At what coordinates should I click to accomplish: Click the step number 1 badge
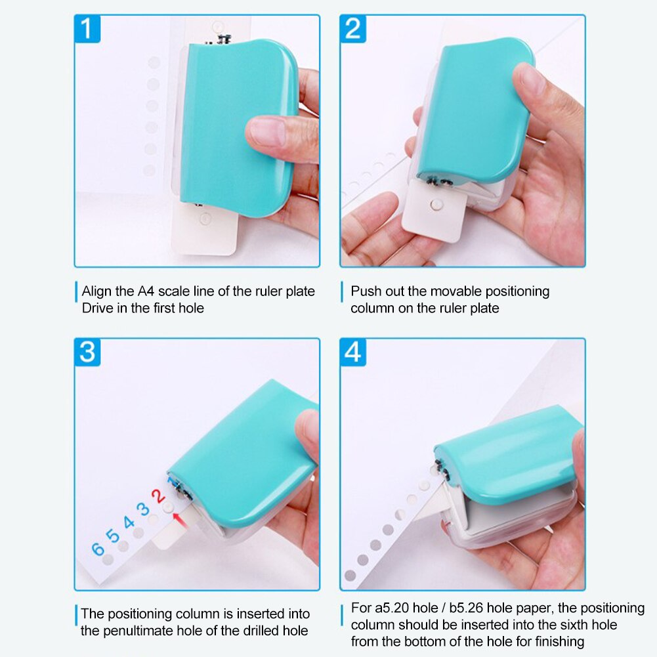point(87,30)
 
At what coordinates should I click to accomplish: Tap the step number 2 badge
point(353,30)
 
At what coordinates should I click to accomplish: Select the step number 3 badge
point(87,352)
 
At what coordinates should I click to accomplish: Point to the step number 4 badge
point(353,352)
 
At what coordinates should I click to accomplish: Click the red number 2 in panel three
point(158,496)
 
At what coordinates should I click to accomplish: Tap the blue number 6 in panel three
point(98,549)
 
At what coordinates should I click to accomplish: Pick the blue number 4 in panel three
point(129,523)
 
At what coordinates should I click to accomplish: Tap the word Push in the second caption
point(365,291)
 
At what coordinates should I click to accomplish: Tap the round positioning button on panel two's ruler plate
point(433,205)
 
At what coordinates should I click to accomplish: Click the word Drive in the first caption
point(97,308)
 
